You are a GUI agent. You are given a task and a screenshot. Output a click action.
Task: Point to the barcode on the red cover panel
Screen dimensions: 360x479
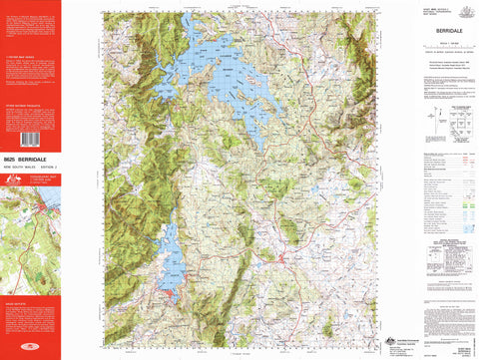[x=30, y=140]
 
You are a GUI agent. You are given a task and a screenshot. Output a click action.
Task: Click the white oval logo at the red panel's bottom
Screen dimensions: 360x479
[x=30, y=350]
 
